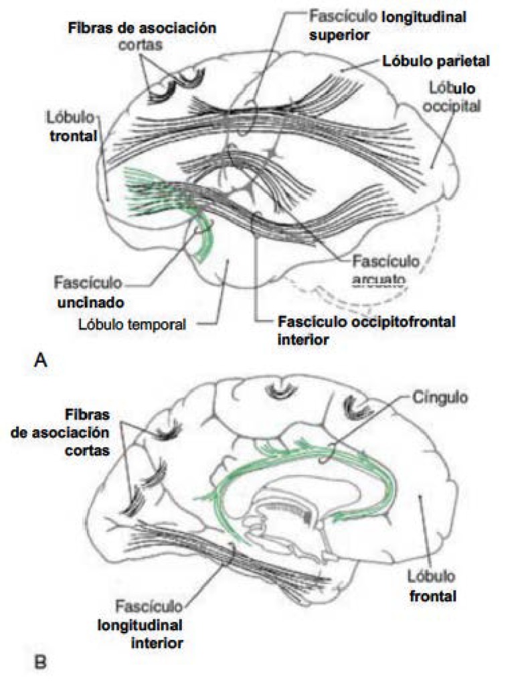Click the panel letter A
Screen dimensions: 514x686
pos(40,360)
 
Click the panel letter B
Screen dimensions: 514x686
pos(40,662)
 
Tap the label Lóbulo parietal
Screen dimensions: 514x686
pos(436,61)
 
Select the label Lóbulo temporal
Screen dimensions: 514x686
pos(132,324)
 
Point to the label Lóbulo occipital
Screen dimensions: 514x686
pos(452,96)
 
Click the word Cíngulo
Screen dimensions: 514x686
pos(440,398)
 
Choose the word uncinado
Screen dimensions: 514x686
pos(91,302)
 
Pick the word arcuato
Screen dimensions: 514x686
pos(379,280)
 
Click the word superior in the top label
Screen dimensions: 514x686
pos(339,35)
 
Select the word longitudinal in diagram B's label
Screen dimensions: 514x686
pos(140,625)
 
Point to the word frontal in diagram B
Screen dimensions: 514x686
pos(433,596)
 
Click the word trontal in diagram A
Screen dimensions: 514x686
pos(74,135)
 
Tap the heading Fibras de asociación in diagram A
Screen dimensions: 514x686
pos(142,28)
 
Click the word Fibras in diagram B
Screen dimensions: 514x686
pos(88,414)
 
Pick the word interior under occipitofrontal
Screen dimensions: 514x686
pos(303,340)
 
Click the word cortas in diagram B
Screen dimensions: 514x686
pos(87,451)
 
